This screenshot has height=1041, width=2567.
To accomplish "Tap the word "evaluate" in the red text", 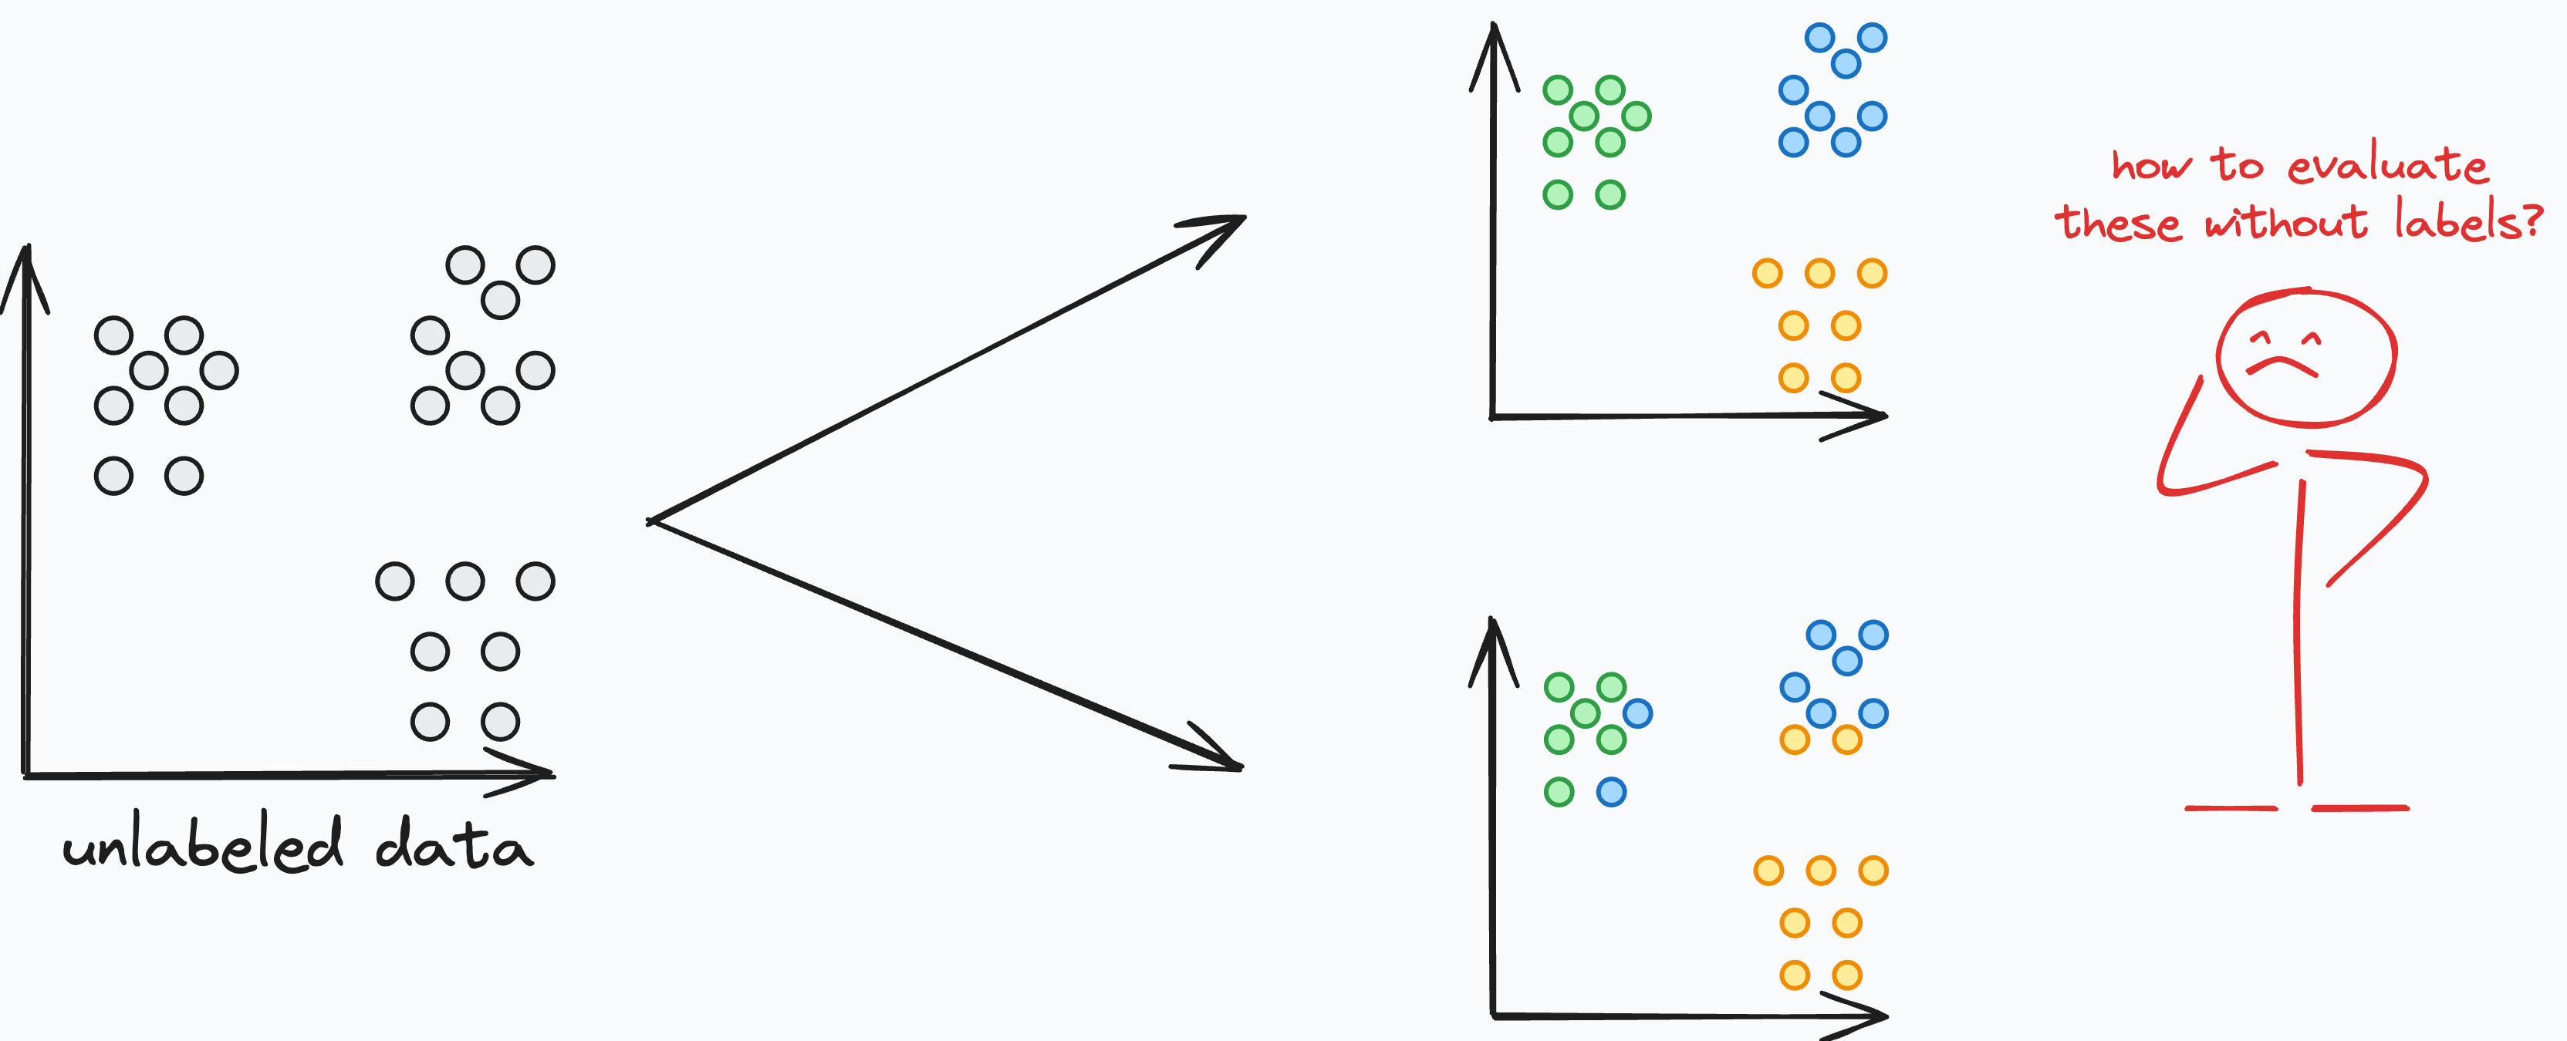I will click(x=2386, y=165).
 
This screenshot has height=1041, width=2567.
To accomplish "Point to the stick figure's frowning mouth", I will click(x=2282, y=366).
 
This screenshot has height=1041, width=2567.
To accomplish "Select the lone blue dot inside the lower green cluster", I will click(x=1637, y=713).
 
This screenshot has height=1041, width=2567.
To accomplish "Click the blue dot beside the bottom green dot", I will click(x=1611, y=792).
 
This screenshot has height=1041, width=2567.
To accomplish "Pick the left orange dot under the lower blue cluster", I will click(x=1794, y=739).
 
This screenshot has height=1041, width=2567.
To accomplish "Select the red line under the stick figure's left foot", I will click(x=2230, y=808).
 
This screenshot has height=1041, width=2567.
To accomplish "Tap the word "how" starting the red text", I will click(x=2150, y=165).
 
